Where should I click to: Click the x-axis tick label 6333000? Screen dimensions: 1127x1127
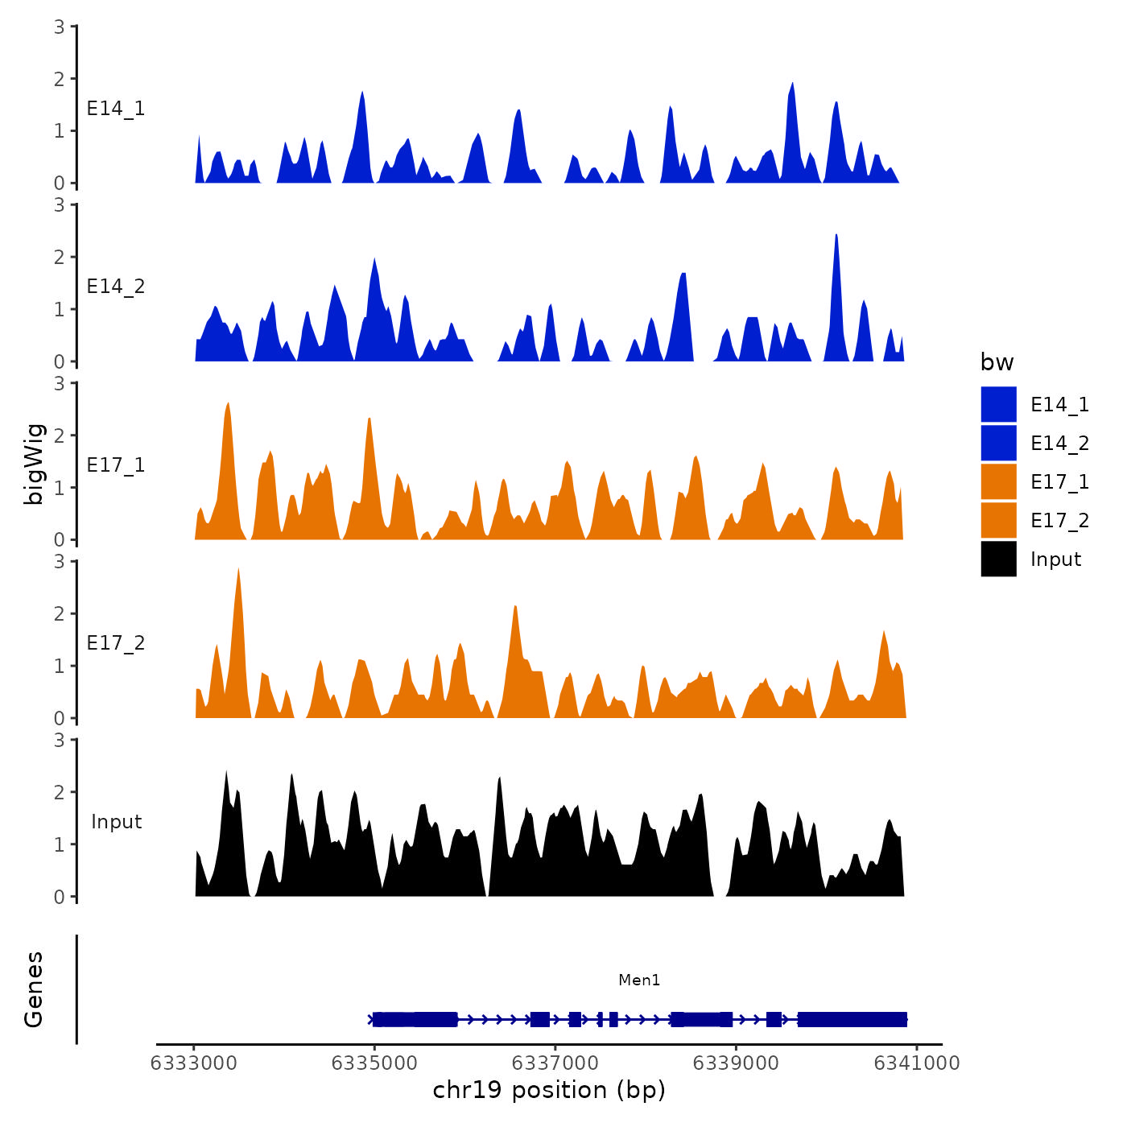[x=194, y=1063]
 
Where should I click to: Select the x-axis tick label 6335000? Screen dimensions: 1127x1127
[x=374, y=1063]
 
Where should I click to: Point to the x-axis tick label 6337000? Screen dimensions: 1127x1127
[x=555, y=1063]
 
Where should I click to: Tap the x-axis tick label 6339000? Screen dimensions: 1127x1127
[x=736, y=1063]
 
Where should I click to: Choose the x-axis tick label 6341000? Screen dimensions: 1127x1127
[x=917, y=1063]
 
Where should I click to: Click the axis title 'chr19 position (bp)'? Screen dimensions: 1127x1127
[x=549, y=1090]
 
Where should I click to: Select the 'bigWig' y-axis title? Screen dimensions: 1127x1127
[x=35, y=464]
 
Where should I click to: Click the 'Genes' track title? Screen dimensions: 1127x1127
[x=34, y=989]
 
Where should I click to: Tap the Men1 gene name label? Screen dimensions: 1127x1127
[x=639, y=980]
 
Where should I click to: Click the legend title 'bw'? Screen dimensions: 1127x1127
[x=997, y=362]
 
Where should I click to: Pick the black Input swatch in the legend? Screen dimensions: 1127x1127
[x=998, y=559]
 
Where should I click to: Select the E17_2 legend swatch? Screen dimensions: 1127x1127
[x=998, y=520]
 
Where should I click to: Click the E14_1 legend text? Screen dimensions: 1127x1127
[x=1059, y=404]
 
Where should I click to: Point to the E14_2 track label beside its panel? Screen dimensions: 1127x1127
[x=116, y=287]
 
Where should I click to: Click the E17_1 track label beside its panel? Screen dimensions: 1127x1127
[x=116, y=465]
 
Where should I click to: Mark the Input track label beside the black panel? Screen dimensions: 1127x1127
[x=116, y=822]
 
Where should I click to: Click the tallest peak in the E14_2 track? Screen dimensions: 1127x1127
[x=836, y=236]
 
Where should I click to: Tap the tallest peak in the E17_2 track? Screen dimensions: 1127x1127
[x=238, y=570]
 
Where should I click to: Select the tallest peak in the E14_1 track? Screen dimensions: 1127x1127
[x=793, y=85]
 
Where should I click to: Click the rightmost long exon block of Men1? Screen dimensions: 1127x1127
[x=852, y=1020]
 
